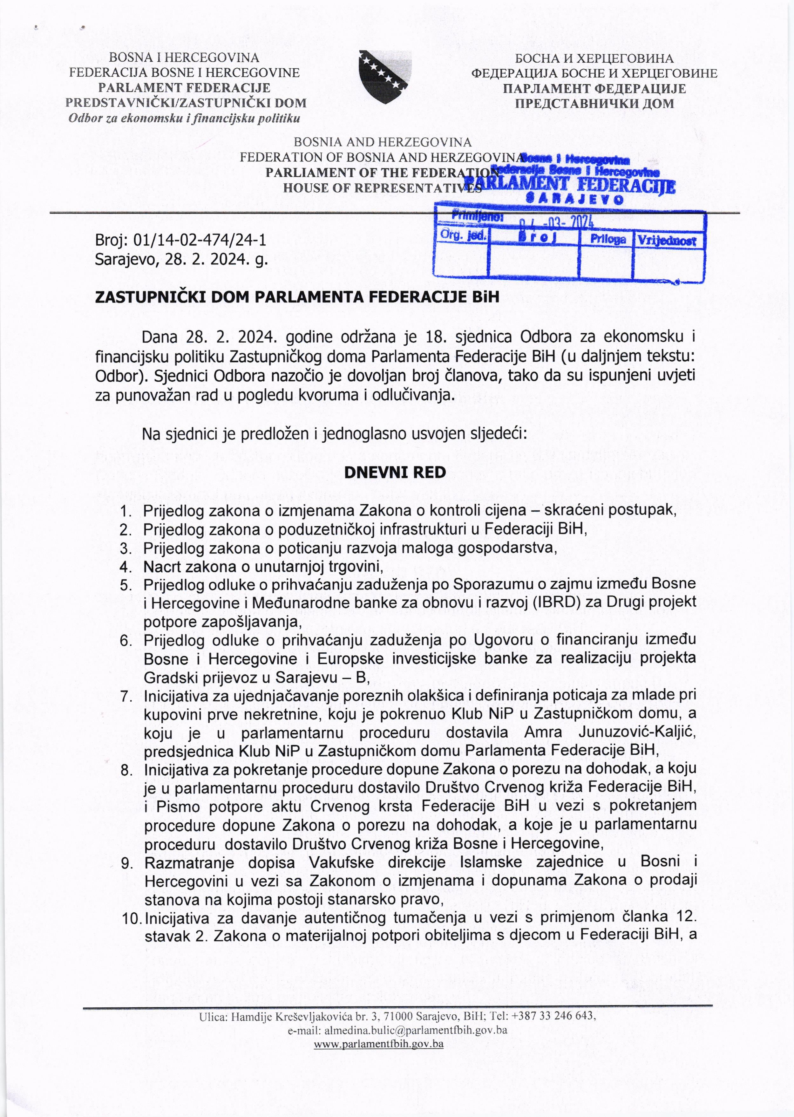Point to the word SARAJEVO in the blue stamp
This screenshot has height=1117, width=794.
pyautogui.click(x=574, y=199)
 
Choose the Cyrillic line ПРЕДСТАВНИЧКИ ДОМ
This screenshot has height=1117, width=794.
pyautogui.click(x=594, y=103)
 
